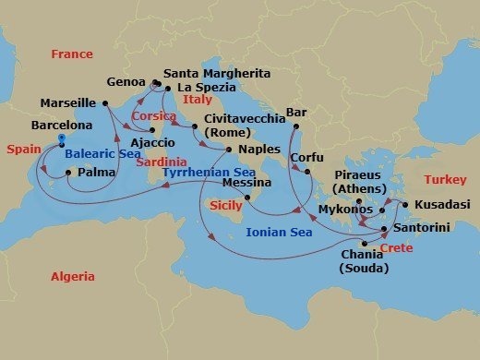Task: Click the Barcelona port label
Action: [x=61, y=124]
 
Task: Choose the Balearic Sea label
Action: [x=103, y=154]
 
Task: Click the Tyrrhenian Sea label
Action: [x=208, y=173]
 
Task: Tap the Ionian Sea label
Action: [x=280, y=233]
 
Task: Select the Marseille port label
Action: [x=69, y=102]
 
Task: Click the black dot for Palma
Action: [x=68, y=172]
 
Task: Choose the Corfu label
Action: [x=306, y=158]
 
